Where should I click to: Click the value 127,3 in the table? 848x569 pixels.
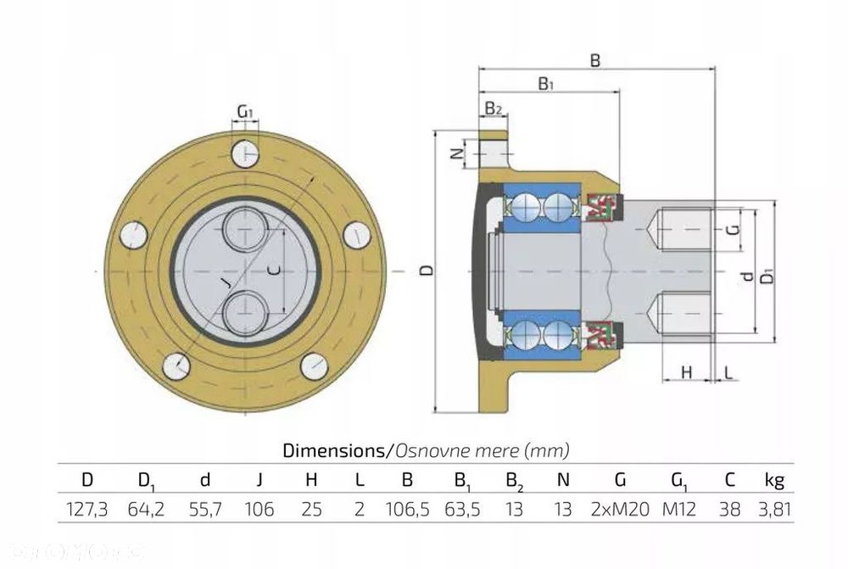[86, 510]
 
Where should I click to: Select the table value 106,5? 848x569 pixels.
[407, 510]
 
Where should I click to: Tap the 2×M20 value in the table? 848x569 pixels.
[620, 510]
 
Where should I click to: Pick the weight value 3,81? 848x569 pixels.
[773, 510]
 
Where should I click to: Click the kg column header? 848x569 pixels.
[773, 481]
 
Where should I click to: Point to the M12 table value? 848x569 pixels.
[679, 510]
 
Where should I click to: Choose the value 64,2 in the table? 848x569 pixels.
[146, 510]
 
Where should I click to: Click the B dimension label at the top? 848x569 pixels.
[595, 60]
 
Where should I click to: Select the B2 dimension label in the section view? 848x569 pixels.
[494, 109]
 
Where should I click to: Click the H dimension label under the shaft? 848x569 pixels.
[687, 372]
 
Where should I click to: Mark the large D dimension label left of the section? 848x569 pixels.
[428, 271]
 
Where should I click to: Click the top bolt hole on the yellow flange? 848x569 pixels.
[245, 153]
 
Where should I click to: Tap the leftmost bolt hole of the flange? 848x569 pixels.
[134, 234]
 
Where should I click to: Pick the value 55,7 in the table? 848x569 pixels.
[204, 510]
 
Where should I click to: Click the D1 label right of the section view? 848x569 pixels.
[767, 277]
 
